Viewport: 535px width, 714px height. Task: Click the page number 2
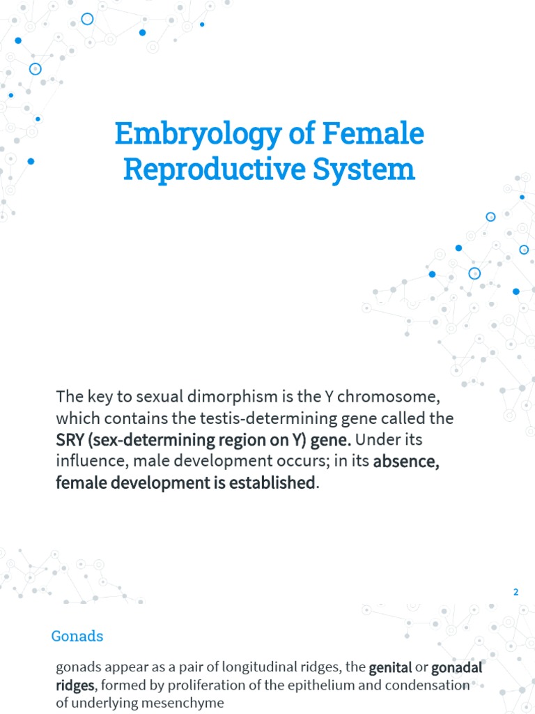point(516,592)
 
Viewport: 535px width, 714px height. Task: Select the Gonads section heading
point(77,636)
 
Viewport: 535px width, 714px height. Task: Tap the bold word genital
point(390,667)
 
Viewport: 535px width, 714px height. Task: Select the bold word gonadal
point(457,667)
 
